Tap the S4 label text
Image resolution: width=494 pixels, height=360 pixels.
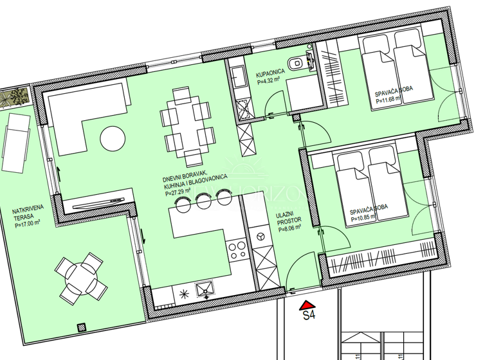coord(309,316)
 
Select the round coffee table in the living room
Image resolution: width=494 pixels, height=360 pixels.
coord(113,138)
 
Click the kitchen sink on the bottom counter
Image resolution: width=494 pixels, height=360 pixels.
coord(205,292)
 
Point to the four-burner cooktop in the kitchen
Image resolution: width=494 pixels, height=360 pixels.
coord(236,249)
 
